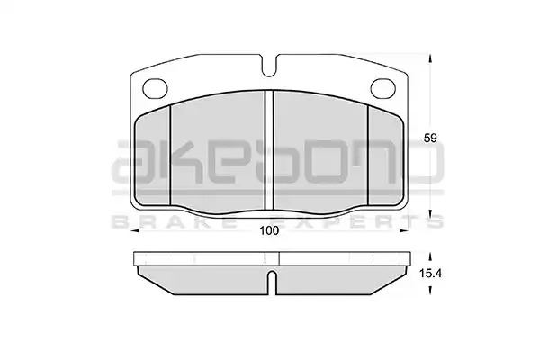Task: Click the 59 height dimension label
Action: [x=430, y=138]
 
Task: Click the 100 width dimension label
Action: [x=269, y=230]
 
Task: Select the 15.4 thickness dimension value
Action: [x=430, y=274]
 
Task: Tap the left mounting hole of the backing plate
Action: [x=155, y=88]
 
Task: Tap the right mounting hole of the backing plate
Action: [x=383, y=88]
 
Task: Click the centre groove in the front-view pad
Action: [x=269, y=150]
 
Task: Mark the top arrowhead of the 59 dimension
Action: [x=429, y=59]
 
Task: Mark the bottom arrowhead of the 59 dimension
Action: [x=429, y=214]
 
